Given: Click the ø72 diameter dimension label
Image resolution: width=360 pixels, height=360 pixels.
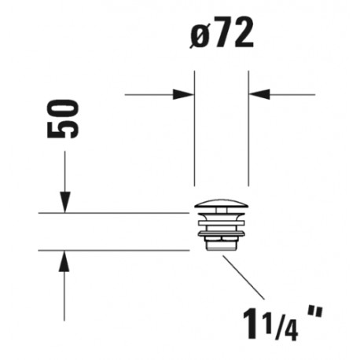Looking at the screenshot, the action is pyautogui.click(x=222, y=33).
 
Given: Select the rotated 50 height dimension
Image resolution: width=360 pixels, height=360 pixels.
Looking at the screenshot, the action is pyautogui.click(x=63, y=119).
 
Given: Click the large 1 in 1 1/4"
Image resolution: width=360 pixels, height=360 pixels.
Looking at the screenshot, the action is pyautogui.click(x=250, y=324).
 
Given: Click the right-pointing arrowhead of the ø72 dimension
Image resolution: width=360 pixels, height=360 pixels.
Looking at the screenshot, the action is pyautogui.click(x=183, y=94).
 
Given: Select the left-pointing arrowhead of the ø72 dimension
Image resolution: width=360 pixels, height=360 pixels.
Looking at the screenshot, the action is pyautogui.click(x=259, y=94).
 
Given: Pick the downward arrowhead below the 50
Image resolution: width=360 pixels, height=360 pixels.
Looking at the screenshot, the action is pyautogui.click(x=65, y=202).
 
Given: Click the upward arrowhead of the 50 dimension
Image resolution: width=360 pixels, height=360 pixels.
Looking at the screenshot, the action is pyautogui.click(x=64, y=261).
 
